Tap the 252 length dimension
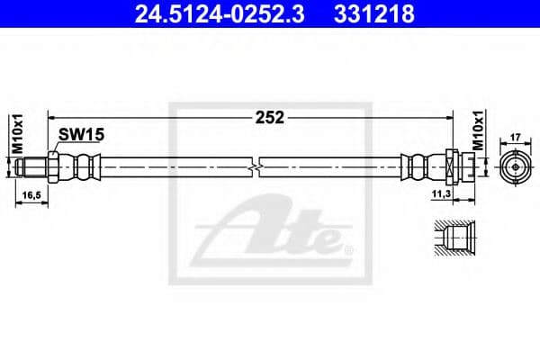point(271,117)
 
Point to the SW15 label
point(81,134)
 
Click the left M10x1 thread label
point(14,132)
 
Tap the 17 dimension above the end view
point(516,138)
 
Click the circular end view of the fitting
point(515,166)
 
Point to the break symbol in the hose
point(257,166)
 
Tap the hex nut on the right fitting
point(452,166)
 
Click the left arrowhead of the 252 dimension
point(52,117)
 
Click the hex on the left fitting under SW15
point(54,166)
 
